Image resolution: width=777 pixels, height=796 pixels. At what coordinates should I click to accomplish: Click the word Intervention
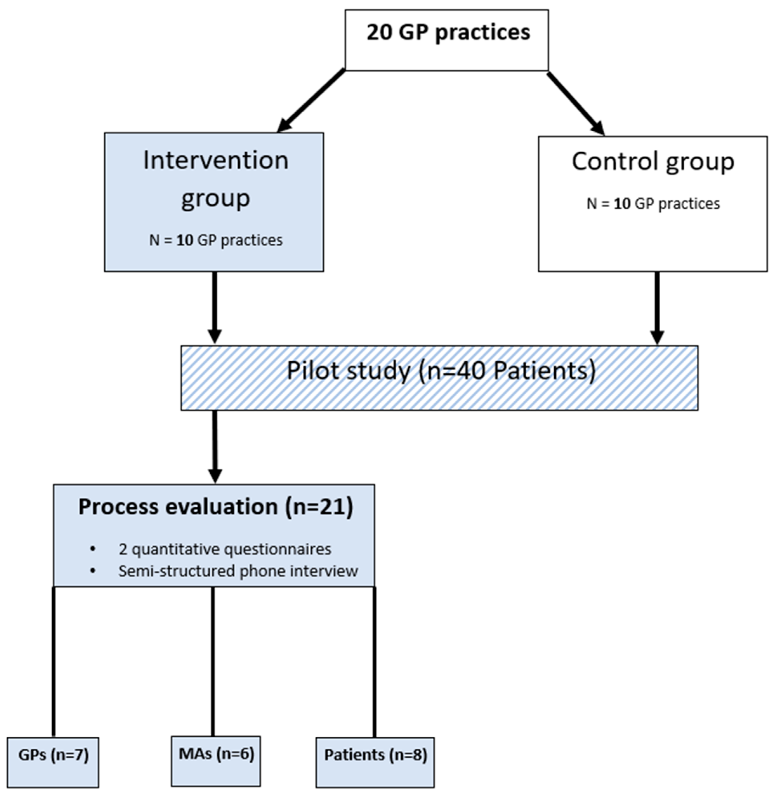pos(215,160)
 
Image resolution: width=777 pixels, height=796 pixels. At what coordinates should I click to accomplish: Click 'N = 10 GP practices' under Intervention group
pos(215,240)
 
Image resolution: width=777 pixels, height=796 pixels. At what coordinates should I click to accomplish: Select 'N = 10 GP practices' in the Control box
pos(653,204)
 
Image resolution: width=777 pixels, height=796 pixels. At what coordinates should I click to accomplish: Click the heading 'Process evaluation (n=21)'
pos(215,507)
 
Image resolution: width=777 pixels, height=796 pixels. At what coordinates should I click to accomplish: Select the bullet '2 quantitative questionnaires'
pos(224,549)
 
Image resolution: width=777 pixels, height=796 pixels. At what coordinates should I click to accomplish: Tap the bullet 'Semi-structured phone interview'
pos(238,571)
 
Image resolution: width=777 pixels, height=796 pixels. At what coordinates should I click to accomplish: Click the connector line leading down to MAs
pos(213,661)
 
